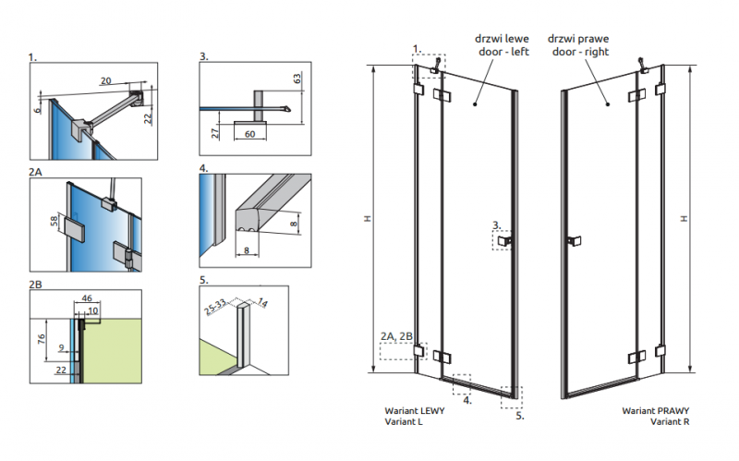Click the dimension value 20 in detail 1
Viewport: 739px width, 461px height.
pos(106,80)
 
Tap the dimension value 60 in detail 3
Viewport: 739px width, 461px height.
pos(250,135)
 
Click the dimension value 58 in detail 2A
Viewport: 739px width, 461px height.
pos(55,222)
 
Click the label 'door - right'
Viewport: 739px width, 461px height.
pos(578,53)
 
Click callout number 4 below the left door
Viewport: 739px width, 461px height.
pos(467,400)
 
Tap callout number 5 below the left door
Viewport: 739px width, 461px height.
pos(520,416)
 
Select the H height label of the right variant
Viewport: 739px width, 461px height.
pos(684,218)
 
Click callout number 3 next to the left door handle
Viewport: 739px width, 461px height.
pos(496,224)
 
